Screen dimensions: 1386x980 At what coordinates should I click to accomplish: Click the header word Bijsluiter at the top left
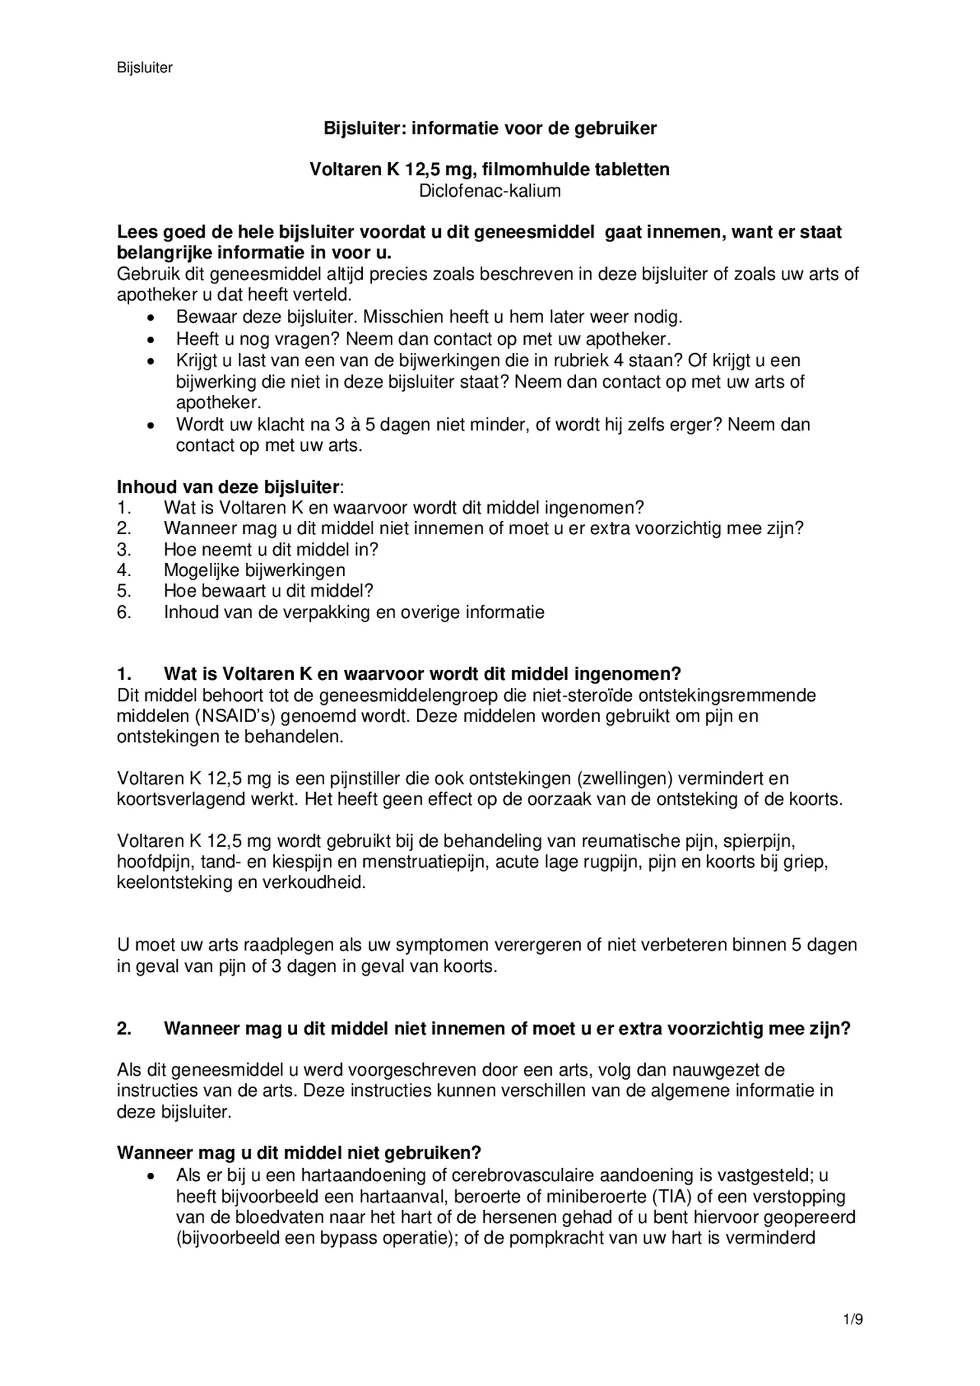144,68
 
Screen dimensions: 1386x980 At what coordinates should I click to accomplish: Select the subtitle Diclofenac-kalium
489,191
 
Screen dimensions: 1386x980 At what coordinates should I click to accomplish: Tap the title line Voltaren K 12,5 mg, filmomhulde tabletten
489,169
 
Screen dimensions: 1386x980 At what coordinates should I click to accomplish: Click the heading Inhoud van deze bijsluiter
229,487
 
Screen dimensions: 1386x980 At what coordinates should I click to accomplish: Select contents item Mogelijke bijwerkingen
255,570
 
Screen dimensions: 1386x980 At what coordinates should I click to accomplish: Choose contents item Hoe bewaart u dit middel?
268,591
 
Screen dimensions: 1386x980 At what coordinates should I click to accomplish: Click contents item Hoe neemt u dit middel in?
271,549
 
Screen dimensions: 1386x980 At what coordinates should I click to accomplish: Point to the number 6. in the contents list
125,612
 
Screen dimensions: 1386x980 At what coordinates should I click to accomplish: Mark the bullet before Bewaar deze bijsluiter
152,318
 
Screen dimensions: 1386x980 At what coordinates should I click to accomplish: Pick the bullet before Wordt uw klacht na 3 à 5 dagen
152,425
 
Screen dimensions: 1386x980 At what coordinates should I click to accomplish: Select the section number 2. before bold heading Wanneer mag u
124,1028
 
